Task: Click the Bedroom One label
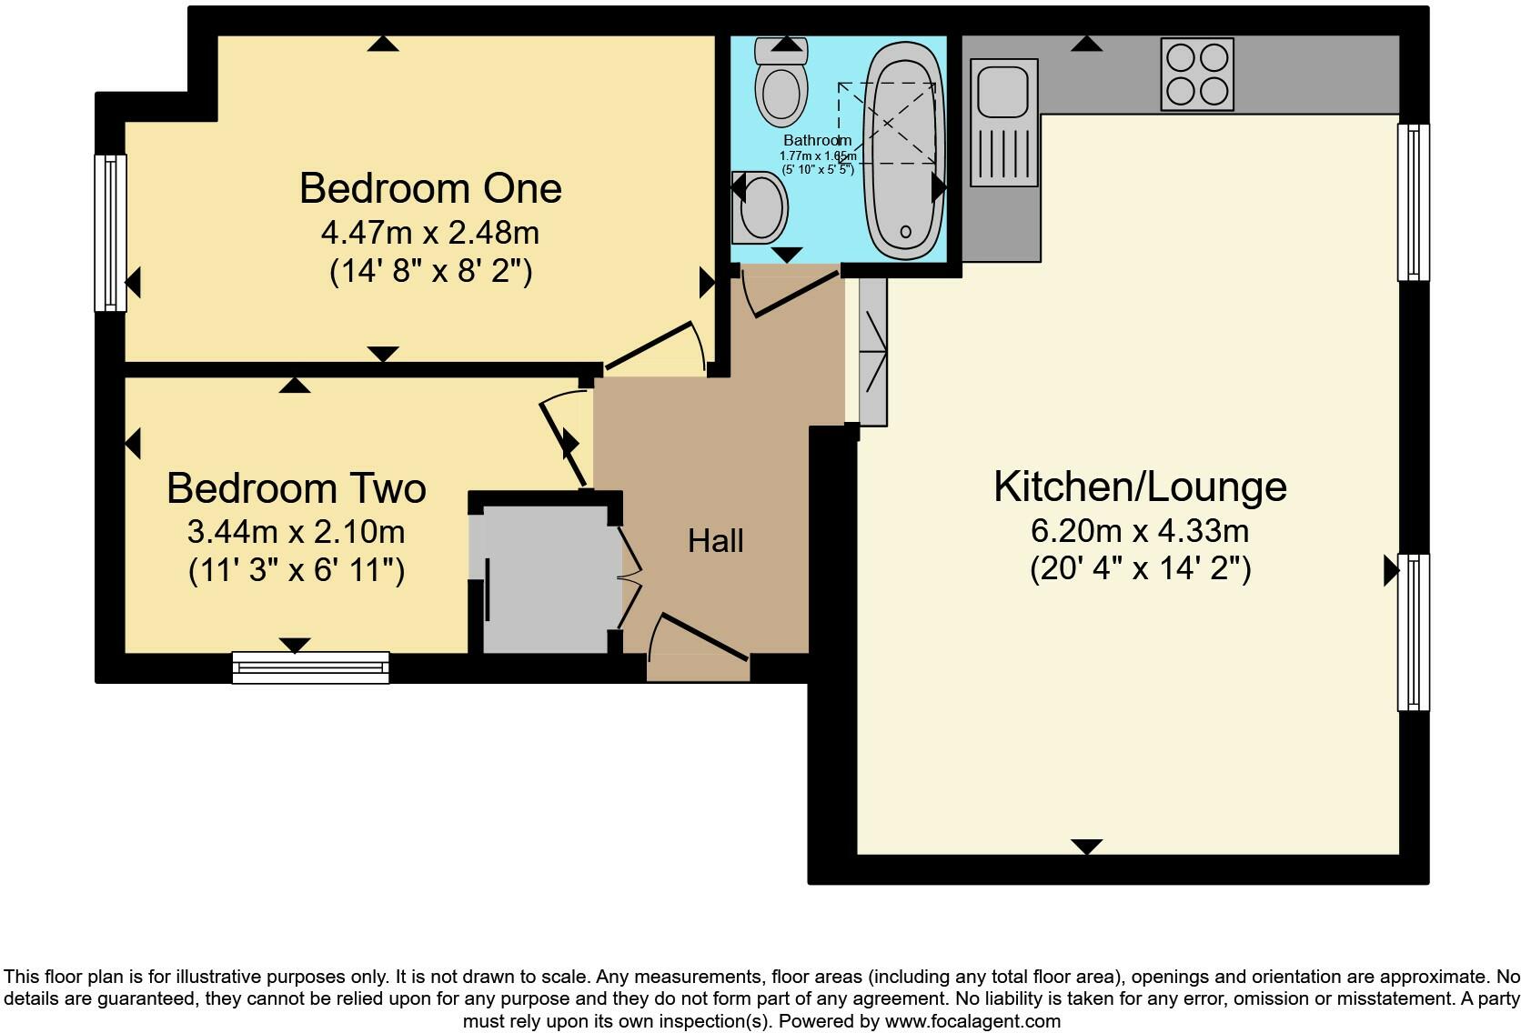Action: click(x=429, y=188)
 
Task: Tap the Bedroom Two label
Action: click(x=296, y=488)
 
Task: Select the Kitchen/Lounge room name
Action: click(x=1140, y=486)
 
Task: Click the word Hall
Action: click(x=716, y=541)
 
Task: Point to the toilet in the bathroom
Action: click(x=781, y=86)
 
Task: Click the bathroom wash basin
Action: click(x=761, y=207)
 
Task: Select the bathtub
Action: click(x=904, y=150)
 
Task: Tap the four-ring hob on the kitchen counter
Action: click(x=1197, y=74)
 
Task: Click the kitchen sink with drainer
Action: click(x=1004, y=123)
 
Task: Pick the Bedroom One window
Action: click(x=111, y=232)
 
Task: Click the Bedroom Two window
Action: click(x=310, y=667)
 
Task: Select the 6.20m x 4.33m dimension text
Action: click(x=1140, y=530)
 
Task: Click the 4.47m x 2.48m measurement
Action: click(x=429, y=233)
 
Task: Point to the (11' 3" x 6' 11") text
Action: click(x=296, y=571)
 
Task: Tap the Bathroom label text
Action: click(x=817, y=140)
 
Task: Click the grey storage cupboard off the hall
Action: click(x=546, y=577)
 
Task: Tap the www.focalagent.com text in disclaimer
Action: click(x=972, y=1021)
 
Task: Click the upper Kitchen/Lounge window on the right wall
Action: click(x=1413, y=202)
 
